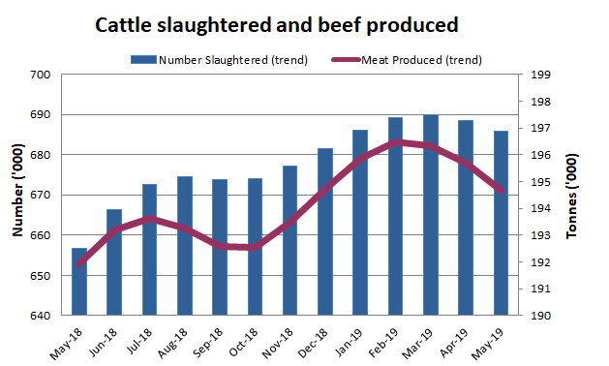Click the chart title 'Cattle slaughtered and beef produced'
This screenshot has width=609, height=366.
click(276, 23)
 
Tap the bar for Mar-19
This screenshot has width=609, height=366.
click(430, 215)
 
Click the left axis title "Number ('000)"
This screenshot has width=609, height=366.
click(16, 195)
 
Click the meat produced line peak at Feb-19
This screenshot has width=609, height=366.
click(395, 141)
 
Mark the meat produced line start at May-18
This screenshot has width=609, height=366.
click(78, 264)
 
